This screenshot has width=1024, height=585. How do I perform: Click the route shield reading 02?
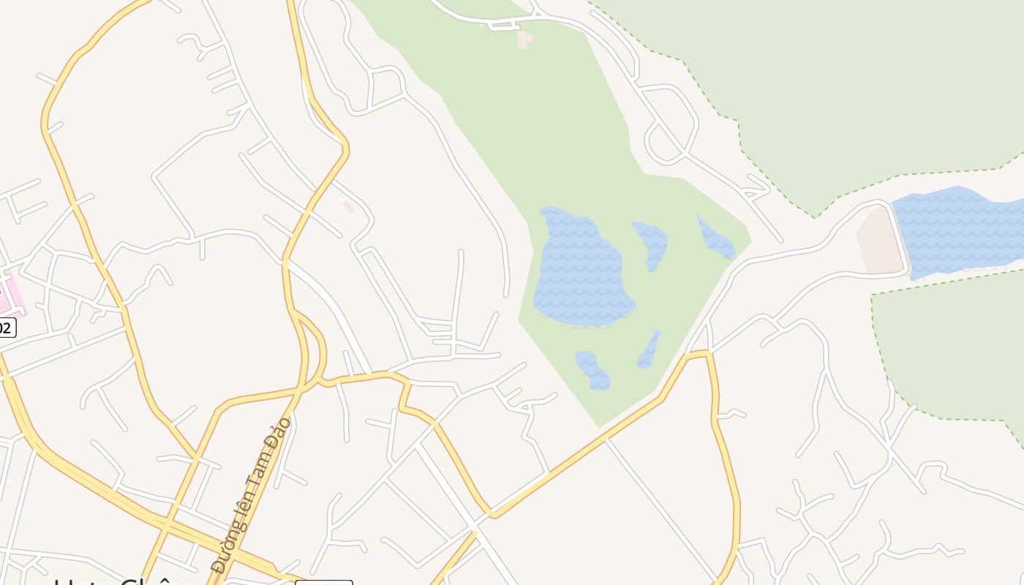click(x=6, y=328)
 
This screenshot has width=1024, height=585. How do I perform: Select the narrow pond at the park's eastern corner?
click(x=715, y=238)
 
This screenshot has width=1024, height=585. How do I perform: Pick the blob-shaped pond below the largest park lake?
click(x=593, y=370)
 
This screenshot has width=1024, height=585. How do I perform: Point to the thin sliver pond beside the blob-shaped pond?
click(x=649, y=350)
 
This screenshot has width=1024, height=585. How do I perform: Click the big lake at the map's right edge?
click(x=958, y=230)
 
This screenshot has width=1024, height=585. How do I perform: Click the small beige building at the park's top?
click(x=524, y=39)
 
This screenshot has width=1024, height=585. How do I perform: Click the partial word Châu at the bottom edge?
click(x=154, y=581)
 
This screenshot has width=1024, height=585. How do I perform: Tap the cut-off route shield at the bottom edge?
click(x=323, y=582)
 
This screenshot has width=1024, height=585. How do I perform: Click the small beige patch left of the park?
click(x=349, y=207)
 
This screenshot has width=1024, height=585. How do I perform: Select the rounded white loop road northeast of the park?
click(x=669, y=124)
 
